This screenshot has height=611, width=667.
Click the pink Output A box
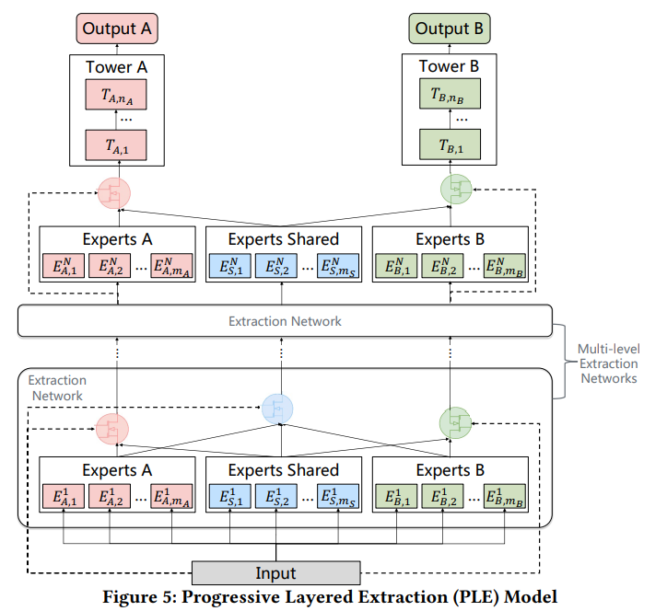(116, 29)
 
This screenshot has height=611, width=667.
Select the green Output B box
(449, 29)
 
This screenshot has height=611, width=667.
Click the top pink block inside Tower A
(116, 94)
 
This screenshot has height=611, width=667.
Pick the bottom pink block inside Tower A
(116, 145)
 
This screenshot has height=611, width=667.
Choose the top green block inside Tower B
(449, 94)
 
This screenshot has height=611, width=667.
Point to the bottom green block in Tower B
(449, 145)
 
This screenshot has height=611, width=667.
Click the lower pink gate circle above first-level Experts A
(112, 428)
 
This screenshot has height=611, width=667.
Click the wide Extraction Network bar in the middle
(285, 321)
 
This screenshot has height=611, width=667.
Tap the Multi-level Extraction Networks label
(608, 363)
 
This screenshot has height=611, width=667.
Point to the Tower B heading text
(449, 66)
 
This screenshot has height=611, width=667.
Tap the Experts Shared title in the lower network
(284, 470)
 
